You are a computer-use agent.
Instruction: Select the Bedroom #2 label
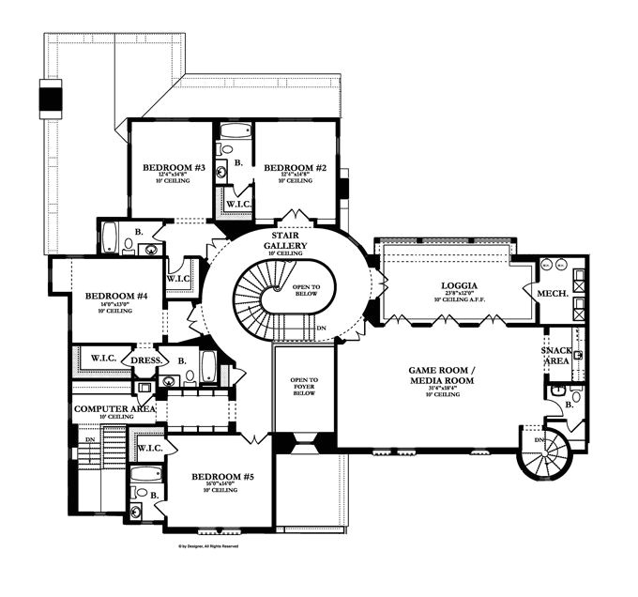[x=296, y=167]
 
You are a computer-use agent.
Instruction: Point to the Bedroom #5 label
[x=222, y=477]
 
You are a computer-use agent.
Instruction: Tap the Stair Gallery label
[x=285, y=240]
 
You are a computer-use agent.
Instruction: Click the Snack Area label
[x=556, y=356]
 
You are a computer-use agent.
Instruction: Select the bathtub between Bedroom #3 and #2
[x=235, y=131]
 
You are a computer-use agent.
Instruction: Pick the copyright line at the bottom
[x=208, y=545]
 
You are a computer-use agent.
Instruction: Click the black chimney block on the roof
[x=50, y=97]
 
